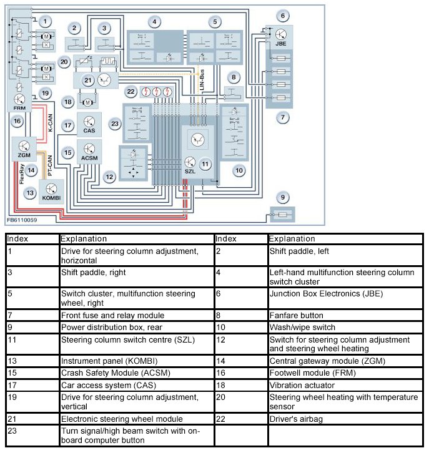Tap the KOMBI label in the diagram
pyautogui.click(x=52, y=198)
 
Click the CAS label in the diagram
pyautogui.click(x=89, y=132)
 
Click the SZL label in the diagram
pyautogui.click(x=190, y=171)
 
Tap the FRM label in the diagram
pyautogui.click(x=19, y=107)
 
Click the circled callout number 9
pyautogui.click(x=283, y=198)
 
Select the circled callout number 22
pyautogui.click(x=131, y=92)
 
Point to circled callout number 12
pyautogui.click(x=109, y=177)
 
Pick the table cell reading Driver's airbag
pyautogui.click(x=296, y=419)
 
